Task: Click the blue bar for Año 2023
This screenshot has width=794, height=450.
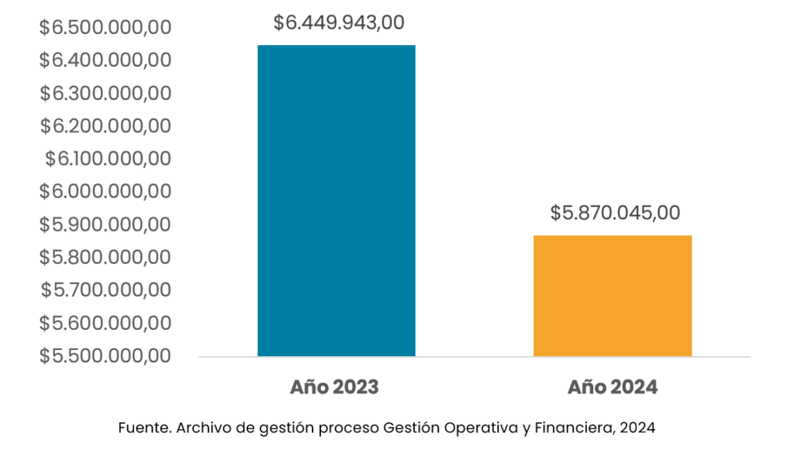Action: pos(337,201)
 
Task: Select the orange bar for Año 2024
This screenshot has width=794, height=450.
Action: pos(613,296)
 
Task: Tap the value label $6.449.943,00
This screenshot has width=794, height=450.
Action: pos(339,23)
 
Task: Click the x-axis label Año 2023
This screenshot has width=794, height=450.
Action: pos(335,387)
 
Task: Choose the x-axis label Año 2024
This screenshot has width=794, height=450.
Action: pos(613,387)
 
